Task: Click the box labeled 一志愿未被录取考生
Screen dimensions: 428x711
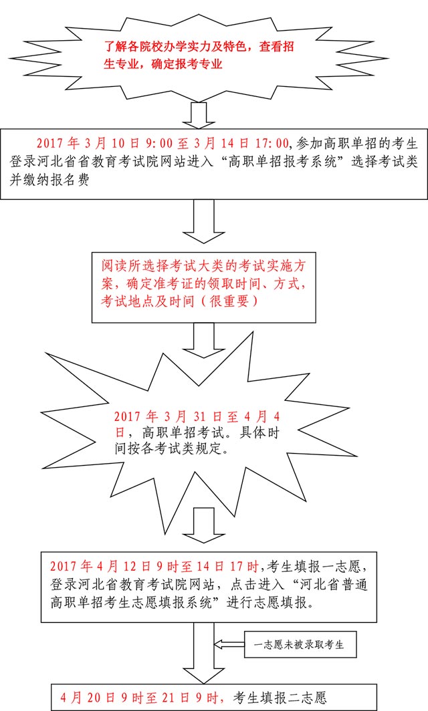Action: coord(300,644)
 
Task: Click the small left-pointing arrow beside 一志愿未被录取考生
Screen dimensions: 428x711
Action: coord(229,644)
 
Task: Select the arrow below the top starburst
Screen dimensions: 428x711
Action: coord(199,116)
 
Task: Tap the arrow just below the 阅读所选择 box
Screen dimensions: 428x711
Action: coord(203,341)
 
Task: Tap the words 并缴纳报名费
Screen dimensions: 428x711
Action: coord(49,180)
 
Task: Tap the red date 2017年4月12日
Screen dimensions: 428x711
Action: coord(93,566)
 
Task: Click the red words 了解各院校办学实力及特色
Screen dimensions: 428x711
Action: coord(175,47)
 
